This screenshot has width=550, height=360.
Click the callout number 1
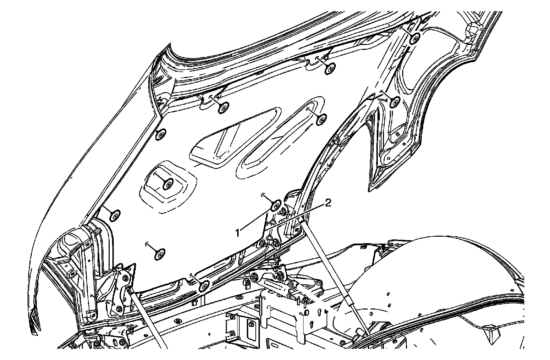click(x=237, y=233)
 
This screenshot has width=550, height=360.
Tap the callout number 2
click(x=328, y=204)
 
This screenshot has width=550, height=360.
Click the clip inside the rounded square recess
click(x=168, y=185)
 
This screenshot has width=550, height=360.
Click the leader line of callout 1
click(x=256, y=220)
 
